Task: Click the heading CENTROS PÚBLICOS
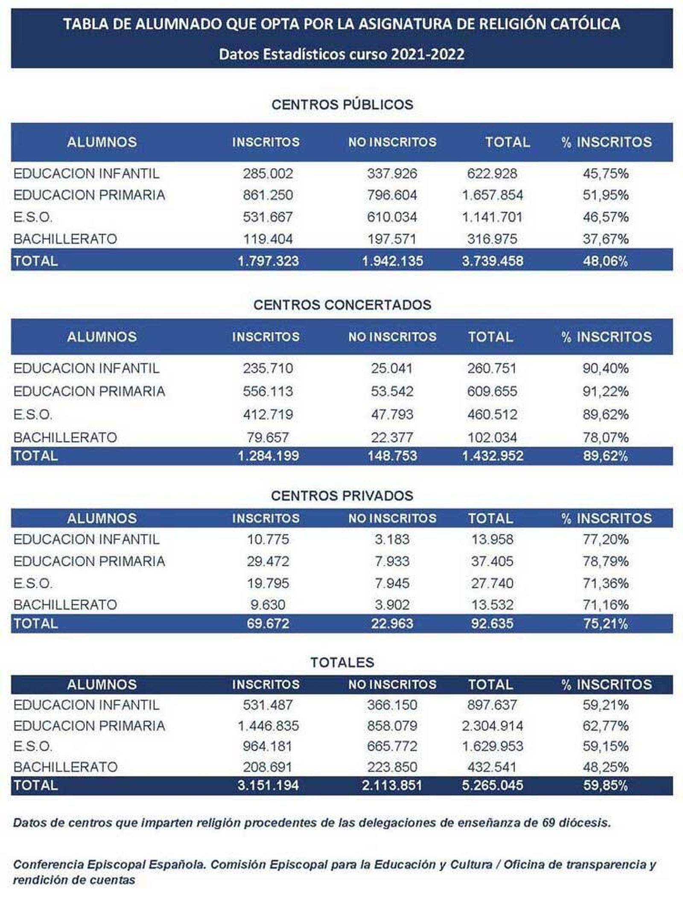(342, 105)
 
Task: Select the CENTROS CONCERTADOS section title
(342, 305)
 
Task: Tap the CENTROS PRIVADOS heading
(342, 495)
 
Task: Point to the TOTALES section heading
(342, 662)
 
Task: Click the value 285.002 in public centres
(268, 173)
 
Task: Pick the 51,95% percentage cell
(605, 195)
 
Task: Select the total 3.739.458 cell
(492, 261)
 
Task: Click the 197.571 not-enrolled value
(392, 239)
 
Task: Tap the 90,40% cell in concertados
(605, 368)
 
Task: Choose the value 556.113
(268, 391)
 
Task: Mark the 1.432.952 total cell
(492, 456)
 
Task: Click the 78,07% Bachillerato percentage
(605, 437)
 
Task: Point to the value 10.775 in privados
(268, 539)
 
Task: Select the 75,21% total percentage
(605, 624)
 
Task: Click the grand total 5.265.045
(492, 785)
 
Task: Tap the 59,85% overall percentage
(605, 785)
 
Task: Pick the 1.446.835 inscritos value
(268, 726)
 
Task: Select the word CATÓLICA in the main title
(584, 24)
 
